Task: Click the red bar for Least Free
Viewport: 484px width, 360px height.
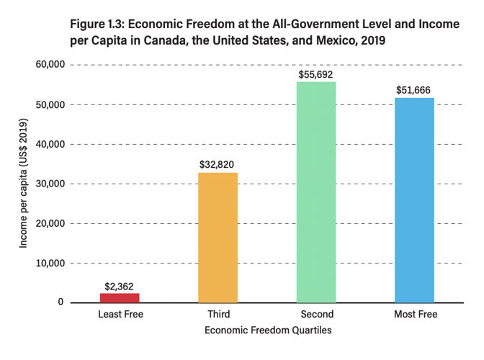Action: tap(120, 297)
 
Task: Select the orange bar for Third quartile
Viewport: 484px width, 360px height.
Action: tap(218, 238)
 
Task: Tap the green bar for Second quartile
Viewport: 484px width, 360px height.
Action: tap(316, 192)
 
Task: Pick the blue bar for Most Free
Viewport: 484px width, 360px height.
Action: tap(415, 200)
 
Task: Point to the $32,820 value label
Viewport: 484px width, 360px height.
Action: tap(218, 164)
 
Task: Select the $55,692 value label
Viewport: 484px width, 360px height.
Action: tap(316, 73)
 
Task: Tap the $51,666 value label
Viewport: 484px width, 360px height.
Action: tap(415, 90)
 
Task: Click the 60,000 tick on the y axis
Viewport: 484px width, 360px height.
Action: tap(51, 65)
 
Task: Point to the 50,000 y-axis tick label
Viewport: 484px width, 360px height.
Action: tap(51, 104)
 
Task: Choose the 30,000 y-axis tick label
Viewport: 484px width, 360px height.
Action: tap(51, 184)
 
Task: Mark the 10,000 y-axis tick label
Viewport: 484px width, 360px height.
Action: tap(51, 263)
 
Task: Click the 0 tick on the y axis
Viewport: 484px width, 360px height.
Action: tap(62, 302)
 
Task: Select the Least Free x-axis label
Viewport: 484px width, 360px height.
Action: tap(120, 315)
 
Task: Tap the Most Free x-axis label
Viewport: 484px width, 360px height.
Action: tap(415, 315)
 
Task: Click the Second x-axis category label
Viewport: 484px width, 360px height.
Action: tap(316, 315)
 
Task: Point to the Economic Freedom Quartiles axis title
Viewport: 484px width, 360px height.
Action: tap(267, 330)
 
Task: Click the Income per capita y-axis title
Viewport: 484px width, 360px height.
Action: tap(23, 184)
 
